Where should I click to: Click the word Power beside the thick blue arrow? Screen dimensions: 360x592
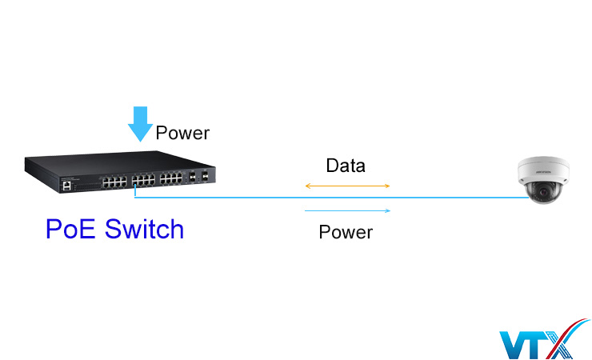(182, 133)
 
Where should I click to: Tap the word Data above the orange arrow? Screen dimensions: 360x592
(346, 166)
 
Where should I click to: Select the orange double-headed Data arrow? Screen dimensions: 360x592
(346, 186)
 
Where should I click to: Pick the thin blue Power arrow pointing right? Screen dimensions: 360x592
(346, 211)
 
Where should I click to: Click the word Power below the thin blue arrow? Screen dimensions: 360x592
(346, 233)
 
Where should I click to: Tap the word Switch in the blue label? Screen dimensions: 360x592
(145, 230)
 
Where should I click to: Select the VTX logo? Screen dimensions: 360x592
(542, 340)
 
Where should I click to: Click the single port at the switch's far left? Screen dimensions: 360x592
(66, 185)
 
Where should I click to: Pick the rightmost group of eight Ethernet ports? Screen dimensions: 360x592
(170, 178)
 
